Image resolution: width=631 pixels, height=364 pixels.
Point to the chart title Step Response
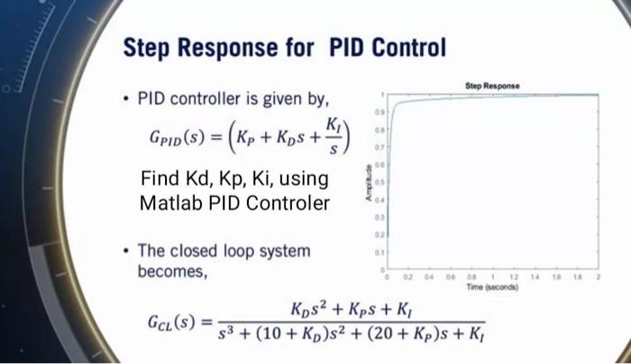click(491, 86)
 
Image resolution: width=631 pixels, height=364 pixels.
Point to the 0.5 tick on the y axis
click(382, 182)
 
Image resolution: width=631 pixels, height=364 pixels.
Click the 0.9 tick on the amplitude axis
click(382, 112)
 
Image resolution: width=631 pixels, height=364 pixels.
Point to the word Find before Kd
click(160, 178)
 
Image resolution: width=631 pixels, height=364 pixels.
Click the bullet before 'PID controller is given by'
click(126, 98)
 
